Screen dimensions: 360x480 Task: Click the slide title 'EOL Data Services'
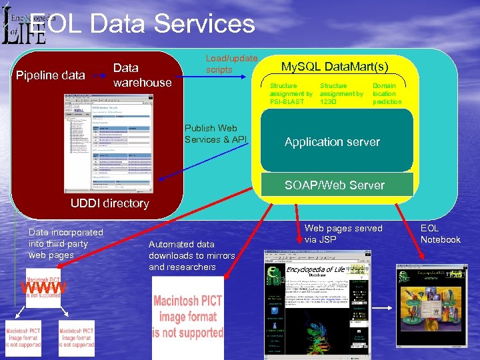[x=143, y=24]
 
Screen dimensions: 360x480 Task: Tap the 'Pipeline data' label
[x=50, y=75]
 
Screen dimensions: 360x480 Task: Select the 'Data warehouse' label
[x=142, y=75]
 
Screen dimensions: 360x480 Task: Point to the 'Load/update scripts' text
[x=231, y=64]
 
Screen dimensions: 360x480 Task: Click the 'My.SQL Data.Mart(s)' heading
[x=334, y=66]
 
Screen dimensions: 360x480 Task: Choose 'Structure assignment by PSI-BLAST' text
[x=291, y=94]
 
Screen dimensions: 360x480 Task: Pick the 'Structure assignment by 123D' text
[x=341, y=94]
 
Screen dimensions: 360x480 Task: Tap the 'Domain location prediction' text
[x=387, y=94]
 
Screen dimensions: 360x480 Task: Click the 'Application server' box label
[x=332, y=142]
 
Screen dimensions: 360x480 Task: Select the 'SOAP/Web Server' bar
[x=335, y=185]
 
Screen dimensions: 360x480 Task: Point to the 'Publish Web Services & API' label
[x=216, y=133]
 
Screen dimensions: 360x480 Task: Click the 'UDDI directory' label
[x=109, y=203]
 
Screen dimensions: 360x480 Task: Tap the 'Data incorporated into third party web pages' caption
[x=65, y=243]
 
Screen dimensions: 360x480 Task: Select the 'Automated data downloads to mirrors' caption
[x=192, y=255]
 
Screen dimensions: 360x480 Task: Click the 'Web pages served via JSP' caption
[x=343, y=233]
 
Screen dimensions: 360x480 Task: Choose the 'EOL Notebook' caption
[x=440, y=233]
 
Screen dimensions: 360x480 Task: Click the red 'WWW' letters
[x=44, y=287]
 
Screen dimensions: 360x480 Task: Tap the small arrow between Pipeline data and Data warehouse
[x=99, y=75]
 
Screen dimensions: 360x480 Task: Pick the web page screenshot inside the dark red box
[x=108, y=143]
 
